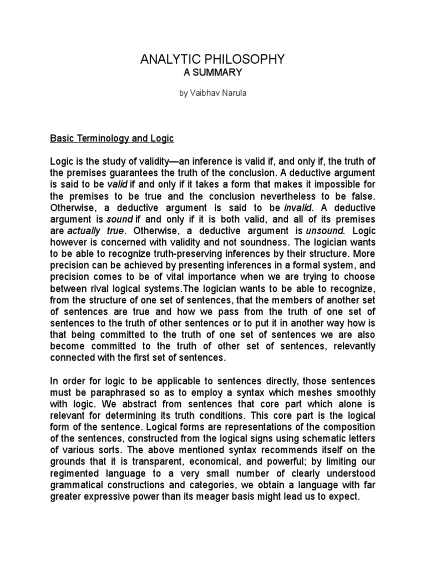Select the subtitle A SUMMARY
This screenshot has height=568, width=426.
pos(214,72)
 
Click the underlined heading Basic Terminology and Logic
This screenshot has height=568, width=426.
pos(113,138)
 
